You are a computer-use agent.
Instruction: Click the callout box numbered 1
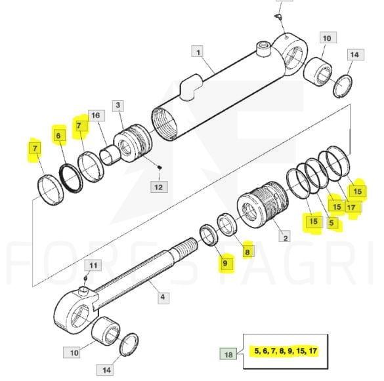pyautogui.click(x=198, y=51)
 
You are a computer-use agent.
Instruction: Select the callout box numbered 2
pyautogui.click(x=285, y=237)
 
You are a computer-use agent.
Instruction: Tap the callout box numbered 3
pyautogui.click(x=118, y=106)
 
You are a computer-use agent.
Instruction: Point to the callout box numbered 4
pyautogui.click(x=163, y=298)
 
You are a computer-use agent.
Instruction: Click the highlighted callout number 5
pyautogui.click(x=331, y=223)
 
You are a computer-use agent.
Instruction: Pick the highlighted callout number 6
pyautogui.click(x=58, y=135)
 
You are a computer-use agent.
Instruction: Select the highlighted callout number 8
pyautogui.click(x=247, y=252)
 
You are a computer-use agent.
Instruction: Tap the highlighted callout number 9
pyautogui.click(x=224, y=263)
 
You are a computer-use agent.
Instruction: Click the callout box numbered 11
pyautogui.click(x=93, y=265)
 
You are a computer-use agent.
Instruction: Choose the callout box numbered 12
pyautogui.click(x=159, y=187)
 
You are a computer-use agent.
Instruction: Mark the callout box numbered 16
pyautogui.click(x=96, y=115)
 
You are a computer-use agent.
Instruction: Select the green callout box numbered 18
pyautogui.click(x=228, y=354)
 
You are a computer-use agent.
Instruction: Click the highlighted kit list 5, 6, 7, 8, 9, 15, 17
pyautogui.click(x=286, y=351)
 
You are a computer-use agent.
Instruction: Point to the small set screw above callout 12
pyautogui.click(x=160, y=167)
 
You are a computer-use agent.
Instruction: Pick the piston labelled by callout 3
pyautogui.click(x=133, y=143)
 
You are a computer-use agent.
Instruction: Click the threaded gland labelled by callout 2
pyautogui.click(x=263, y=205)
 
